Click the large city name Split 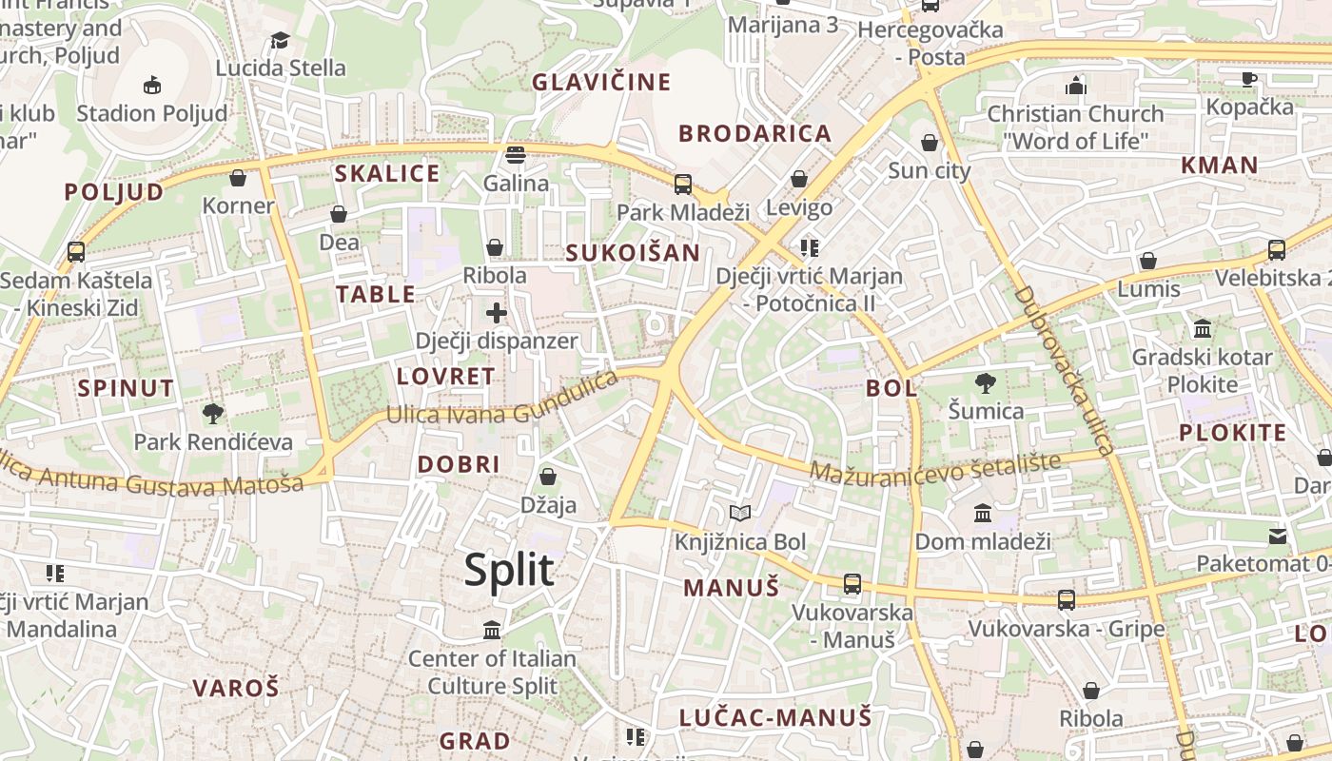pyautogui.click(x=509, y=570)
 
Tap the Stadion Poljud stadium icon pyautogui.click(x=152, y=86)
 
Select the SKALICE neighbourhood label pyautogui.click(x=387, y=173)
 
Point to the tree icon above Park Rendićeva pyautogui.click(x=213, y=414)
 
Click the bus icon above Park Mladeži pyautogui.click(x=683, y=184)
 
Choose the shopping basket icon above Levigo pyautogui.click(x=799, y=179)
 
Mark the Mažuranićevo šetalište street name pyautogui.click(x=935, y=467)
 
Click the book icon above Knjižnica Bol pyautogui.click(x=740, y=514)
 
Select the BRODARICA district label pyautogui.click(x=755, y=133)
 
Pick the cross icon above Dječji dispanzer pyautogui.click(x=497, y=312)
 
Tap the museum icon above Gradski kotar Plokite pyautogui.click(x=1203, y=329)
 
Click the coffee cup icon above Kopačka pyautogui.click(x=1249, y=78)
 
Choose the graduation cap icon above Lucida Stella pyautogui.click(x=280, y=40)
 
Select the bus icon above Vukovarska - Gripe pyautogui.click(x=1067, y=600)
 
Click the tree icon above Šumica pyautogui.click(x=986, y=383)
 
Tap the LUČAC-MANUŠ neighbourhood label pyautogui.click(x=775, y=717)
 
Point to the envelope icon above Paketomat pyautogui.click(x=1278, y=536)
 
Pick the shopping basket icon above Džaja pyautogui.click(x=548, y=476)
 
